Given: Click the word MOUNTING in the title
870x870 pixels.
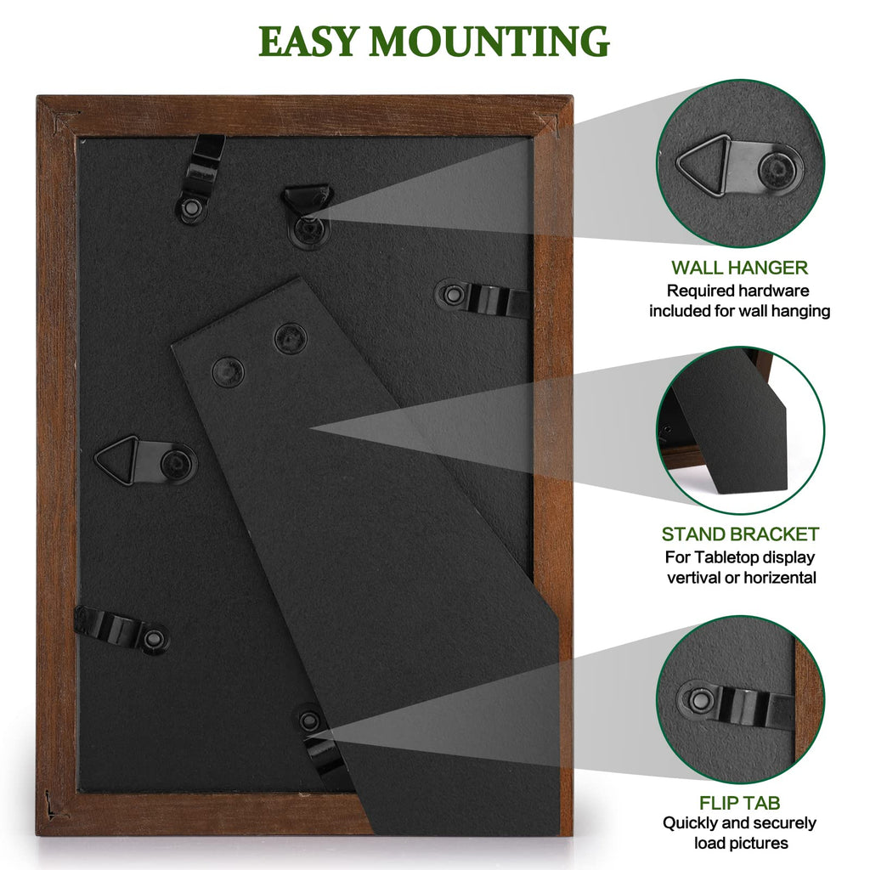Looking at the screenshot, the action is pos(489,42).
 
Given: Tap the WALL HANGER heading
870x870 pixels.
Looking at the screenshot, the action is pos(740,268).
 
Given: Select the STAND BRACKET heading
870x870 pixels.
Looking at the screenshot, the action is pos(740,534).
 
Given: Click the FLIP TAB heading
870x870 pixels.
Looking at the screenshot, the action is pos(740,803).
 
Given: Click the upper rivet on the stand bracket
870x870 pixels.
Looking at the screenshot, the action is pos(291,338).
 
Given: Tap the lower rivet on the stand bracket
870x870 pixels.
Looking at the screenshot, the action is pos(228,372).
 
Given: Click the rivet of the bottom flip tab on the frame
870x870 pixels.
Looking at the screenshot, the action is pos(309,720).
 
